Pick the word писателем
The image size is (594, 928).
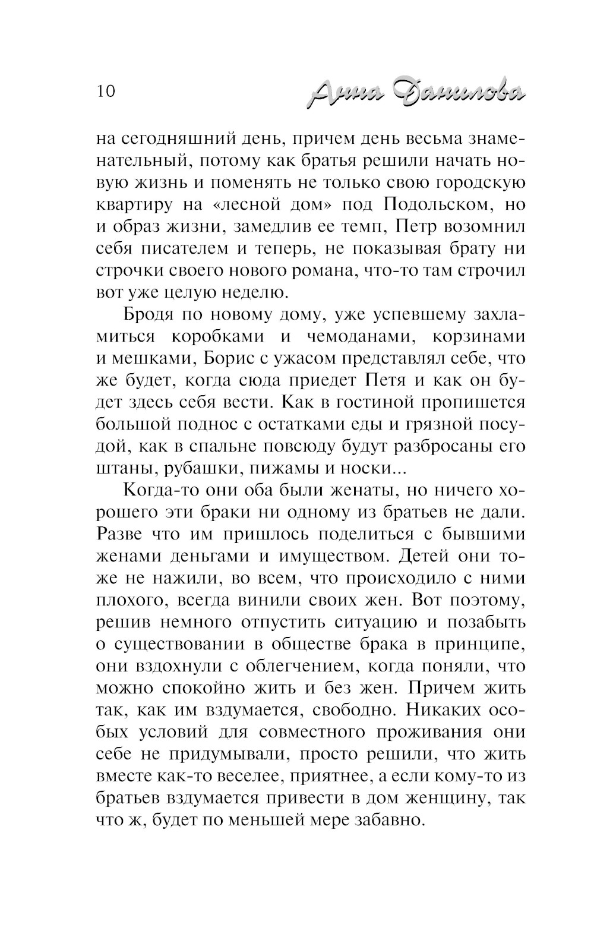[x=189, y=248]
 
